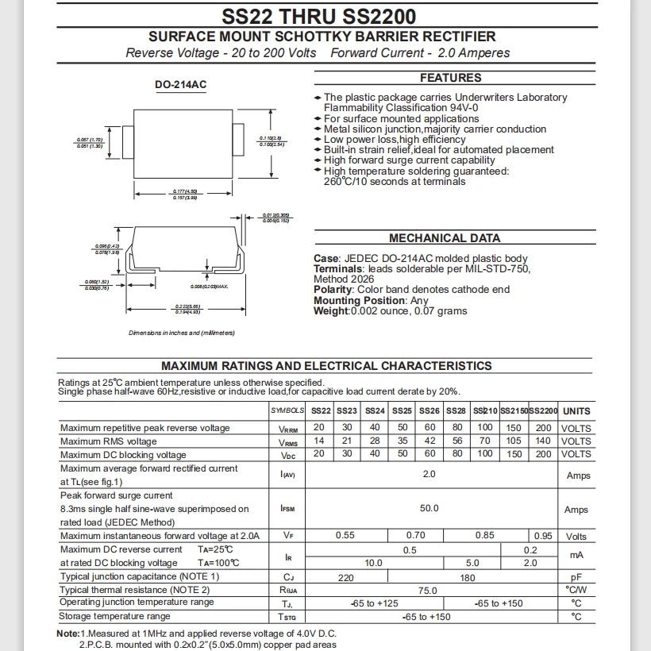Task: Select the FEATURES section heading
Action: (x=450, y=78)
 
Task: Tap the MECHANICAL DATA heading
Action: (x=445, y=238)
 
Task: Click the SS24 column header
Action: (x=375, y=411)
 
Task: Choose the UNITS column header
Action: (x=576, y=411)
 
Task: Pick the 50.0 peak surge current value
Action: (x=429, y=509)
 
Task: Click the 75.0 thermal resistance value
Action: (x=429, y=590)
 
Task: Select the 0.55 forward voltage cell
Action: (x=345, y=536)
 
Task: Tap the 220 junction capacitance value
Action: (x=346, y=577)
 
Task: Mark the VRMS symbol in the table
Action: (x=288, y=441)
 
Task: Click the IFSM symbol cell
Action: (x=287, y=509)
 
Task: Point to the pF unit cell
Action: (x=576, y=577)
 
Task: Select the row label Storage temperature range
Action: (x=115, y=617)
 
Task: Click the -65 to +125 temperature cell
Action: (x=374, y=603)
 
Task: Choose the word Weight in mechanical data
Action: (x=331, y=311)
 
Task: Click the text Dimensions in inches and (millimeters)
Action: (x=182, y=333)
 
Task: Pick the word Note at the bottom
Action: (x=68, y=634)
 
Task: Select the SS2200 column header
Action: (x=544, y=411)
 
